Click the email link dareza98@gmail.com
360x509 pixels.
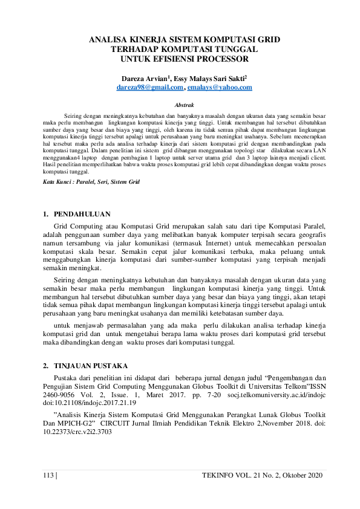point(142,88)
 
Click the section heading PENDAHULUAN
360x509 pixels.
point(82,214)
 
